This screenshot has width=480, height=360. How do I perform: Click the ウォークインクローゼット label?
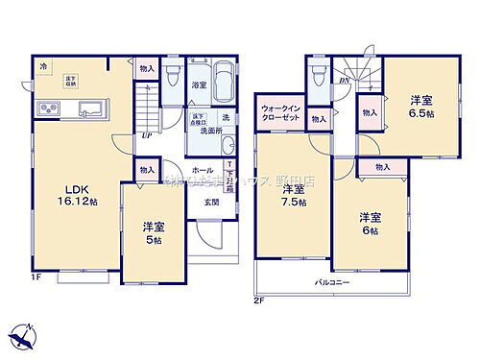coord(281,113)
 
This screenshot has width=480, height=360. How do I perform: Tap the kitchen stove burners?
coord(44,106)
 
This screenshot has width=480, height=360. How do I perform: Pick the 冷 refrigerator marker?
coord(43,66)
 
